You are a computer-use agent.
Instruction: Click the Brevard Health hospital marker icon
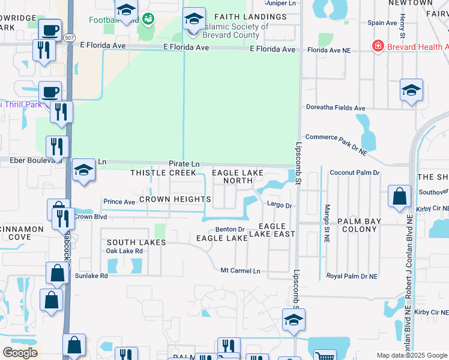(378, 46)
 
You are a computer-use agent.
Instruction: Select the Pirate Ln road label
(184, 163)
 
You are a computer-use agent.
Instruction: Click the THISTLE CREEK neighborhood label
(163, 173)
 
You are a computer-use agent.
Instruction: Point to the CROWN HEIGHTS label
(175, 199)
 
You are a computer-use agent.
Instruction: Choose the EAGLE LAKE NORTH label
(238, 176)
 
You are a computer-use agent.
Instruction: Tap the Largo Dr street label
(279, 205)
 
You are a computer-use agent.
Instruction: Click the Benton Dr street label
(231, 229)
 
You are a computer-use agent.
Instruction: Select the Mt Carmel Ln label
(240, 271)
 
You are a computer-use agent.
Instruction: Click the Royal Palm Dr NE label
(352, 276)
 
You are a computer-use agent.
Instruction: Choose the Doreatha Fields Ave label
(336, 108)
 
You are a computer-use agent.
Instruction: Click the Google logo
(20, 353)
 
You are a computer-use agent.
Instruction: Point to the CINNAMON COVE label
(22, 233)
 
